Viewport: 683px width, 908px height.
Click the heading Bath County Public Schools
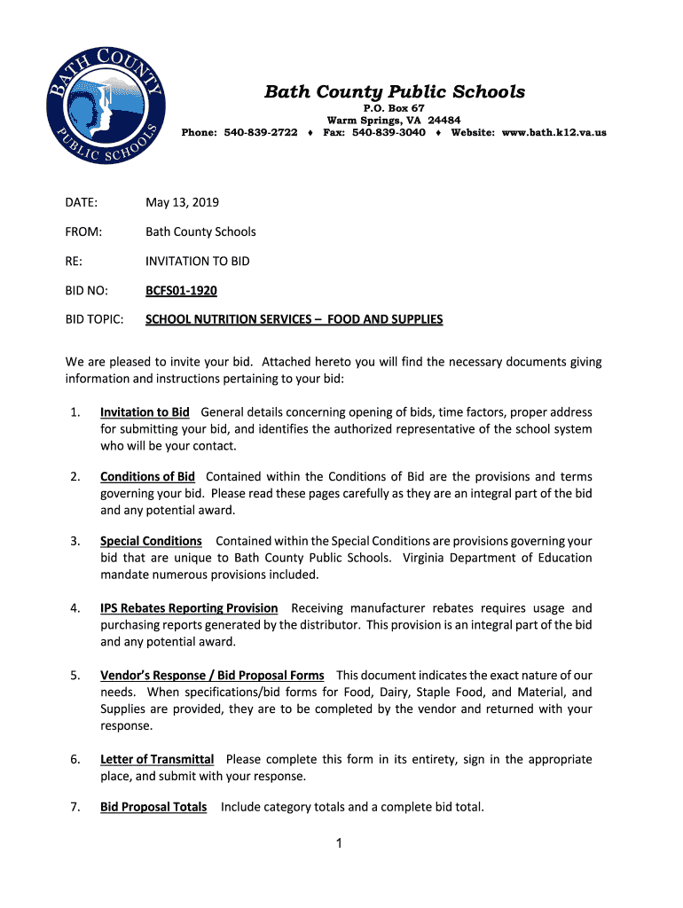coord(395,92)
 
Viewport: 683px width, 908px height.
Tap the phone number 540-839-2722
coord(261,133)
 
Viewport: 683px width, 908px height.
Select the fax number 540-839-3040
coord(389,133)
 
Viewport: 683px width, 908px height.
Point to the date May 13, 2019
coord(183,202)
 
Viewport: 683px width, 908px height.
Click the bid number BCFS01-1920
coord(181,290)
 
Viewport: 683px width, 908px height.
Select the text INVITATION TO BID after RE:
coord(198,261)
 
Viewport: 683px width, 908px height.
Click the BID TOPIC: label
coord(94,319)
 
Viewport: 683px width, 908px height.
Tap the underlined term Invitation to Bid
coord(145,412)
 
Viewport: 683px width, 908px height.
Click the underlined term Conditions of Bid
coord(147,476)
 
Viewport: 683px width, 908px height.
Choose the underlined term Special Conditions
coord(151,541)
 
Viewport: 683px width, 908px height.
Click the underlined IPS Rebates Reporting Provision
coord(189,608)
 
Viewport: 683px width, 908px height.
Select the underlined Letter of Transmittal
coord(157,759)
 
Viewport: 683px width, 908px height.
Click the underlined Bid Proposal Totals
coord(153,807)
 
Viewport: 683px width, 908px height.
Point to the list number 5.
coord(75,676)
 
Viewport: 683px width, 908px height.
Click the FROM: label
coord(83,231)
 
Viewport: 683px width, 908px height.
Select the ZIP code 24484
coord(444,121)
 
